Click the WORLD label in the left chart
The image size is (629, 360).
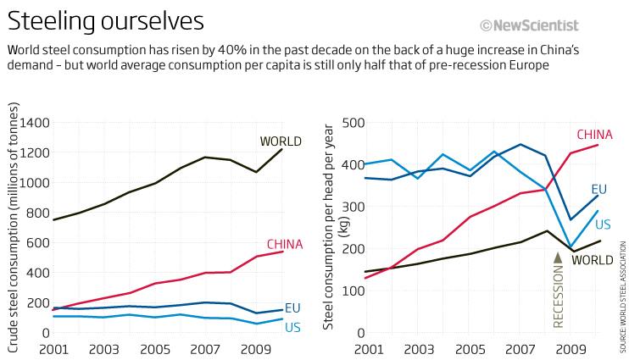pyautogui.click(x=281, y=141)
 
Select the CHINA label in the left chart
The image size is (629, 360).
pyautogui.click(x=285, y=245)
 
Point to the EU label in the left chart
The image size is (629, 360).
pyautogui.click(x=292, y=307)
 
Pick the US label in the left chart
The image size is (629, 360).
pyautogui.click(x=292, y=327)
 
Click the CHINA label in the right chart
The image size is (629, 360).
pyautogui.click(x=594, y=134)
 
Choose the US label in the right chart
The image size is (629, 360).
pyautogui.click(x=603, y=224)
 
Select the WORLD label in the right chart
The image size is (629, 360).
pyautogui.click(x=592, y=260)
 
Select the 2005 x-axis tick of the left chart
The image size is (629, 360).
pyautogui.click(x=155, y=349)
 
